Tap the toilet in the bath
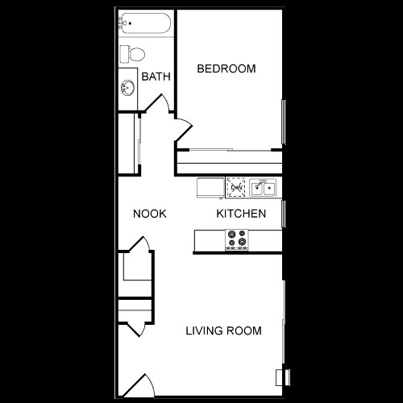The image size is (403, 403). pyautogui.click(x=131, y=54)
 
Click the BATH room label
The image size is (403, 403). pyautogui.click(x=155, y=77)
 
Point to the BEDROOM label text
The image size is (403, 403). pyautogui.click(x=226, y=69)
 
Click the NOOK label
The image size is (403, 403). pyautogui.click(x=150, y=214)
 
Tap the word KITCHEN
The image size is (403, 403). pyautogui.click(x=241, y=214)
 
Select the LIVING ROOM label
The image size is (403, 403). pyautogui.click(x=223, y=330)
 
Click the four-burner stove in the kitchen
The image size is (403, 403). pyautogui.click(x=237, y=239)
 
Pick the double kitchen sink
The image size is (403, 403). pyautogui.click(x=263, y=189)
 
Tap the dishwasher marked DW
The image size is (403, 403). pyautogui.click(x=238, y=188)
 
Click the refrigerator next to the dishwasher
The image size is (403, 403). pyautogui.click(x=211, y=187)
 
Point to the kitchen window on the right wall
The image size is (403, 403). pyautogui.click(x=284, y=213)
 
